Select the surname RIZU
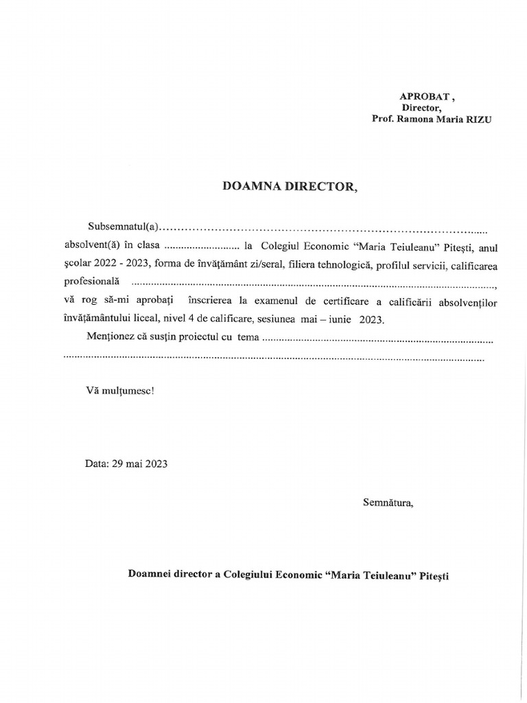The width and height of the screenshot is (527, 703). [478, 119]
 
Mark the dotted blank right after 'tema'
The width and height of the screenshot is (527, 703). [378, 338]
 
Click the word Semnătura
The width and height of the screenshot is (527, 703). [388, 503]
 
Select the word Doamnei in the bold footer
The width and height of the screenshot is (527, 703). [149, 575]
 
